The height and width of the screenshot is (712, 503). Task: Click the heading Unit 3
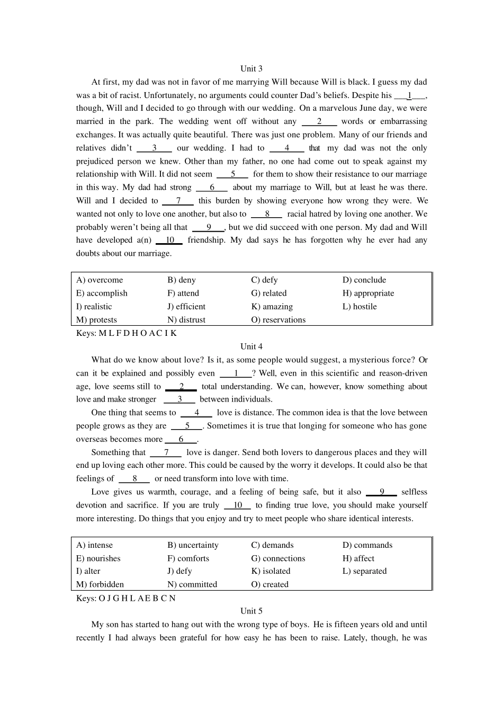pos(251,68)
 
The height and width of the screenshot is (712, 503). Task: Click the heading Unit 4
pos(251,346)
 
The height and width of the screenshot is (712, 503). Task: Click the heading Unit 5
pos(251,611)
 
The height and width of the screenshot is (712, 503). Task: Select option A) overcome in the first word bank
pos(100,280)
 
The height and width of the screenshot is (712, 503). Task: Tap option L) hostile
pos(360,306)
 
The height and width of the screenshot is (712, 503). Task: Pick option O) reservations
pos(279,319)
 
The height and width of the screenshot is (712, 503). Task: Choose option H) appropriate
pos(368,293)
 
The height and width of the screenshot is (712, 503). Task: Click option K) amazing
pos(272,306)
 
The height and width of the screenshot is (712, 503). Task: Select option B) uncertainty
pos(193,545)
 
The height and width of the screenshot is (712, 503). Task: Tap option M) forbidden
pos(100,584)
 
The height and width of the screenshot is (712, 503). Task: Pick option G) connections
pos(278,558)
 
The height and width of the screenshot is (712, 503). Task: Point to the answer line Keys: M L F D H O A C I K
pos(127,333)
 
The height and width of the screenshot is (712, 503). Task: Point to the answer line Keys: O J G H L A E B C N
pos(126,598)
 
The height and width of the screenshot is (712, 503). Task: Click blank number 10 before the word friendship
pos(169,240)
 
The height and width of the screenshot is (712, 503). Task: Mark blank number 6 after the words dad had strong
pos(212,187)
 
